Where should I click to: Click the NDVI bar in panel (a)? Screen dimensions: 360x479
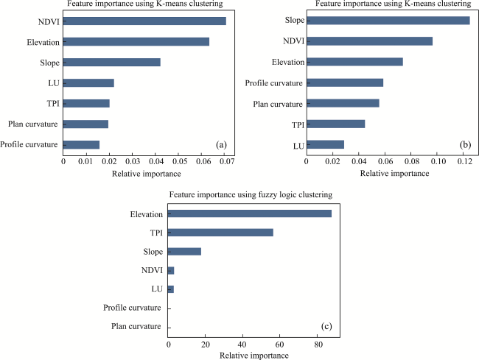tap(144, 21)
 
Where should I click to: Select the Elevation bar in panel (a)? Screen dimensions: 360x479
tap(136, 41)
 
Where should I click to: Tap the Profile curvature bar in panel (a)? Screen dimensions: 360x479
tap(81, 144)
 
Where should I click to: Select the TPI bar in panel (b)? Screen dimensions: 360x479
tap(335, 124)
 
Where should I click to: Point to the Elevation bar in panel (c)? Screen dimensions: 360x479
tap(250, 213)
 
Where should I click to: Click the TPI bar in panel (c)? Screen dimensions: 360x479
tap(220, 233)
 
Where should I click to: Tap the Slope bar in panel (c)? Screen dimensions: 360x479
tap(184, 252)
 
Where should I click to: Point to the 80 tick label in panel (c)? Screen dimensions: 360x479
tap(318, 343)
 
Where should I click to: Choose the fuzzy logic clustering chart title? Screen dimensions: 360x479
tap(251, 194)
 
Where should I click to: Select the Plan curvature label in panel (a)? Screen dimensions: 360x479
tap(32, 124)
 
